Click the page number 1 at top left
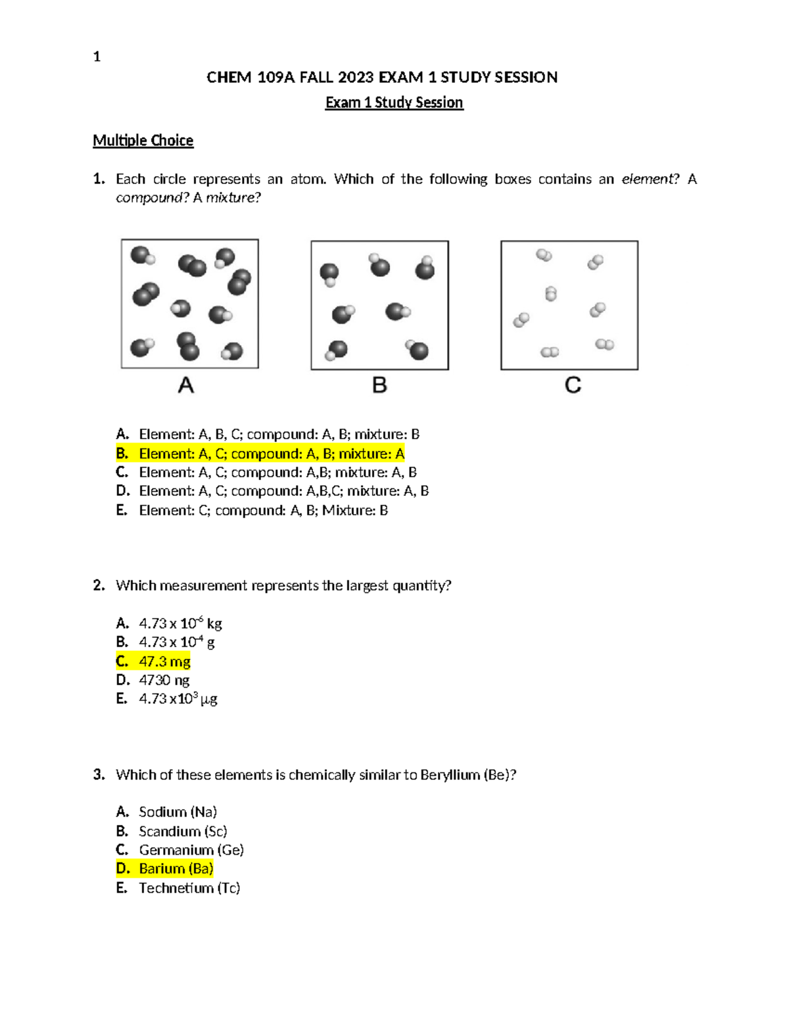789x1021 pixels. pos(97,57)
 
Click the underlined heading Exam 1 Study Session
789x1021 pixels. pos(394,103)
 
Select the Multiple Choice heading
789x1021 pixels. pos(143,141)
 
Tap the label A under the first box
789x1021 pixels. pos(186,385)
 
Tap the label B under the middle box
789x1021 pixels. pos(379,385)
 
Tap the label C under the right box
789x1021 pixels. pos(573,385)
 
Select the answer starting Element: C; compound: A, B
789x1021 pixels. pos(263,510)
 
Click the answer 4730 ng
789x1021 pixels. pos(164,680)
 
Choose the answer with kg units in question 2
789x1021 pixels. pos(179,623)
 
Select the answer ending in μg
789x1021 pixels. pos(178,699)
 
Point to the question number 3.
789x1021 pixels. pos(99,774)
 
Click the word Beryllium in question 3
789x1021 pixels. pos(450,774)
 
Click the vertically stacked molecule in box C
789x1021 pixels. pos(551,294)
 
